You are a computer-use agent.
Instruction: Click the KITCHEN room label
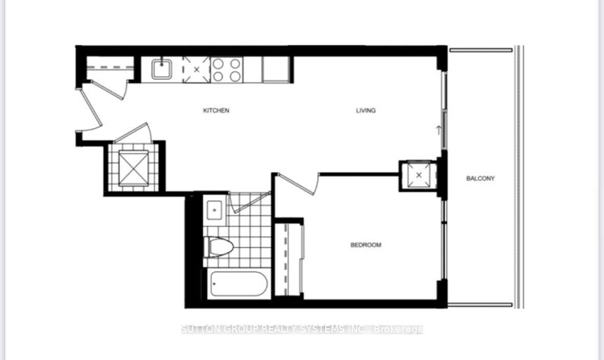(216, 110)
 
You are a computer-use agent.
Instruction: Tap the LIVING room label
(366, 110)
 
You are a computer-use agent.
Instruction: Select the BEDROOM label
(366, 245)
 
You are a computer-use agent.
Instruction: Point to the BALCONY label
(480, 178)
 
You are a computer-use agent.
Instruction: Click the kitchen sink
(162, 69)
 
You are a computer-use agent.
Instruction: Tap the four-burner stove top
(227, 70)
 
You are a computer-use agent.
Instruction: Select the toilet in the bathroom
(218, 246)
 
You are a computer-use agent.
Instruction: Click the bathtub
(238, 284)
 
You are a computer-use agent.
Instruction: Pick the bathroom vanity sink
(214, 210)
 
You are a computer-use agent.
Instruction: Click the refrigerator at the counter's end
(275, 70)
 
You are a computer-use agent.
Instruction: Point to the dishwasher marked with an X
(197, 70)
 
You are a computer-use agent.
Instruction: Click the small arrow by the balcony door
(438, 130)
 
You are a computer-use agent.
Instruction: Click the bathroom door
(250, 202)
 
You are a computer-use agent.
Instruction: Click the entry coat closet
(110, 68)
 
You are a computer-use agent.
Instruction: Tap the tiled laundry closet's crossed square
(133, 168)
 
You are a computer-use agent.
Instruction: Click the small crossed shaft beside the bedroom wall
(419, 176)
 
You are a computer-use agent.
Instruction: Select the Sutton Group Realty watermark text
(302, 329)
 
